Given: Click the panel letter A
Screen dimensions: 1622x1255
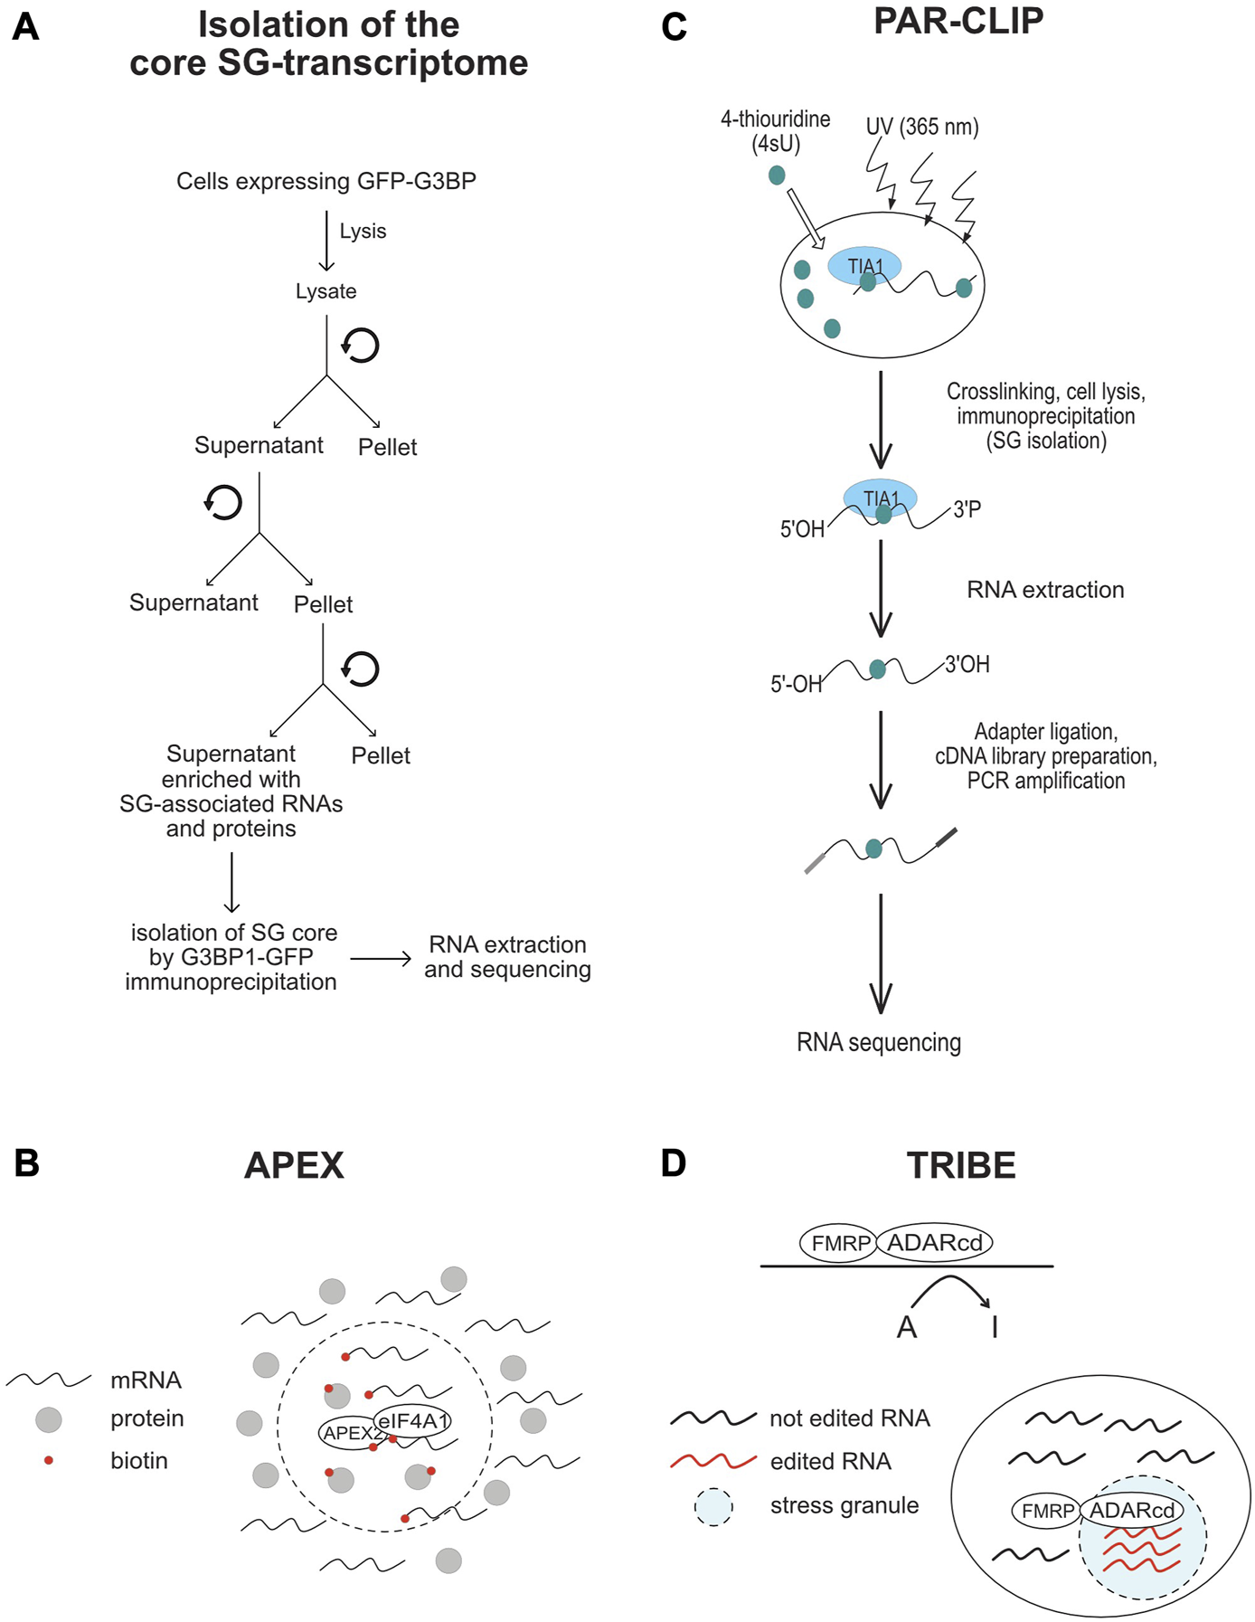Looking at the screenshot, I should pyautogui.click(x=25, y=27).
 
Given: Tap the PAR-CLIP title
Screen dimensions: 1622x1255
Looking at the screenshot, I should pyautogui.click(x=958, y=21).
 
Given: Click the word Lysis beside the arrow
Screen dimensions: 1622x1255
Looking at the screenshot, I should pyautogui.click(x=363, y=232).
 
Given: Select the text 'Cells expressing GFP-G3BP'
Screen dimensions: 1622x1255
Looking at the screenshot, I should pyautogui.click(x=326, y=182).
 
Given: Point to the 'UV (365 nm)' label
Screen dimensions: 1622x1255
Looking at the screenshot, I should pyautogui.click(x=921, y=127).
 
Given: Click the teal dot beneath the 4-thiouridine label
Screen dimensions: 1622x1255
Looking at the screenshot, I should pyautogui.click(x=777, y=175).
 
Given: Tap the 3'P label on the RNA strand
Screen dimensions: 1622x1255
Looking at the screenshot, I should pyautogui.click(x=967, y=510).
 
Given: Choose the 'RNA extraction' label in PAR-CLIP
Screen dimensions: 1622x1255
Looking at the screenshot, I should pyautogui.click(x=1045, y=590).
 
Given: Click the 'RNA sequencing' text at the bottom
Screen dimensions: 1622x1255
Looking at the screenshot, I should pyautogui.click(x=878, y=1042).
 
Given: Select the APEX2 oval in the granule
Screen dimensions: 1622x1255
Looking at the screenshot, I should pyautogui.click(x=350, y=1433).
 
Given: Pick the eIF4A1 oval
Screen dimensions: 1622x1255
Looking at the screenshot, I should pyautogui.click(x=413, y=1420).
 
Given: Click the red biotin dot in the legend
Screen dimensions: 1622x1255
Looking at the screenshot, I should pyautogui.click(x=49, y=1460).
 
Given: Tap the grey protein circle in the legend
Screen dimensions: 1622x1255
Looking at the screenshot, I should pyautogui.click(x=49, y=1419).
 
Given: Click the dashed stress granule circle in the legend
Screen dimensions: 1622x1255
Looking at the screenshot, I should pyautogui.click(x=713, y=1506).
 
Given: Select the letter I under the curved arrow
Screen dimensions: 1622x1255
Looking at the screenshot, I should pyautogui.click(x=995, y=1327).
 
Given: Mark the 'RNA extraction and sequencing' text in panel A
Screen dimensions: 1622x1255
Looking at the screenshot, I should pyautogui.click(x=507, y=957).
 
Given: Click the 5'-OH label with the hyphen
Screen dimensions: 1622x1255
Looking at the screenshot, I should pyautogui.click(x=796, y=685).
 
